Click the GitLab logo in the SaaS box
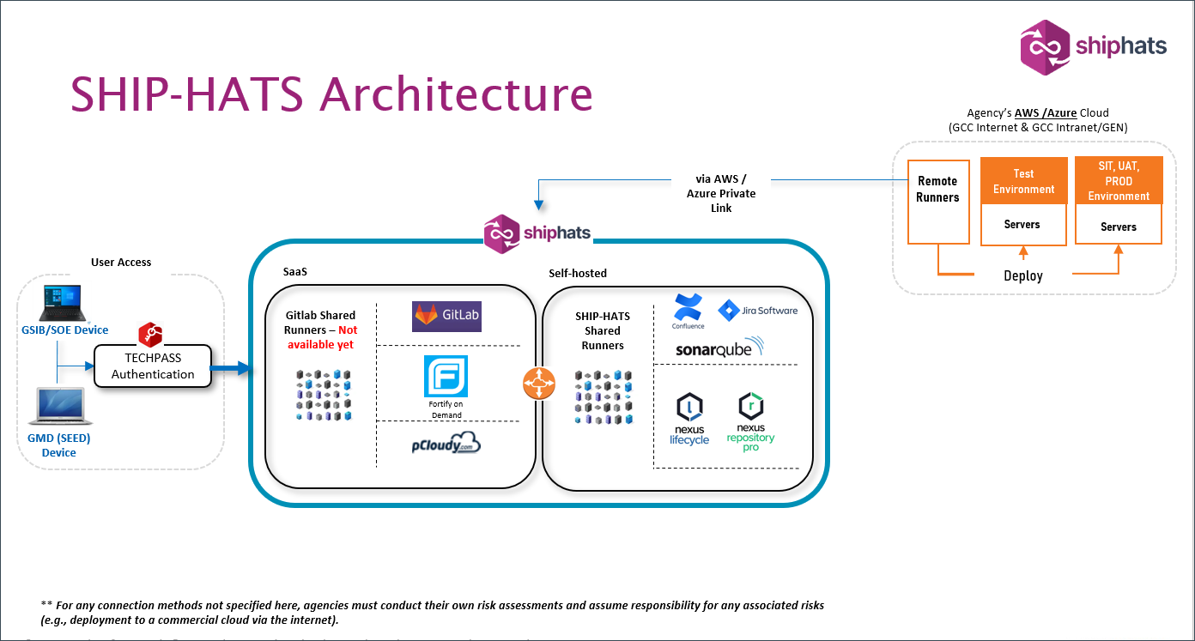446,316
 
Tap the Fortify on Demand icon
446,378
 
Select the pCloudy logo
446,444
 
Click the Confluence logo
688,310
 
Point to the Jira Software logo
758,310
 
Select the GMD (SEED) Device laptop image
58,408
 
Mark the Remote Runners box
937,200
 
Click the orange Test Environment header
1023,182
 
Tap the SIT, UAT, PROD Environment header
1119,181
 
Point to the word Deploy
1023,276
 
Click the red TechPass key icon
151,335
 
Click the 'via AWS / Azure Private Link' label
721,194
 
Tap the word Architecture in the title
456,94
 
